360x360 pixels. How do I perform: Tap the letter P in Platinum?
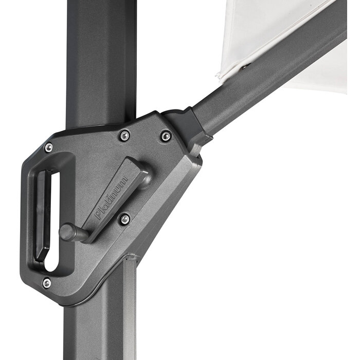coord(98,215)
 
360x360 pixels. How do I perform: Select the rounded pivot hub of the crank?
coord(145,177)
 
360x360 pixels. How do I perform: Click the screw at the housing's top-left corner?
coord(49,148)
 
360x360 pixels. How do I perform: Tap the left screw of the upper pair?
coord(124,136)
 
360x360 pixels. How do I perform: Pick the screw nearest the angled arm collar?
coord(166,136)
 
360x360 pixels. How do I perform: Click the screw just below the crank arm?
coord(124,219)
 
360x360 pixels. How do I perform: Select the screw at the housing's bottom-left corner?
coord(47,282)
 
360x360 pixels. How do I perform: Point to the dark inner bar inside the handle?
coord(41,216)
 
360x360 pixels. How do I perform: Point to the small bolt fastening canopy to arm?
coord(243,66)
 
